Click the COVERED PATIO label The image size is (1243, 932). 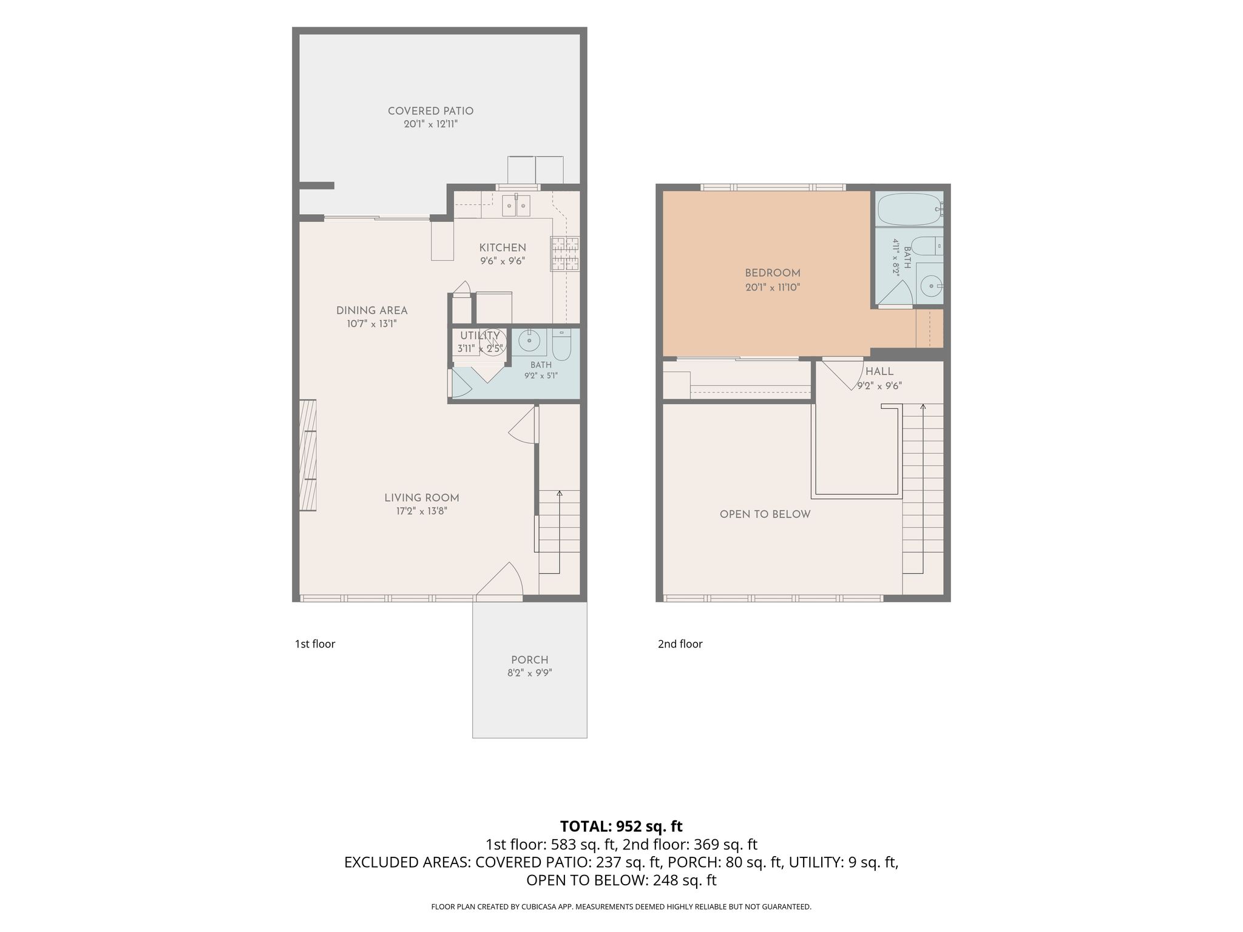430,111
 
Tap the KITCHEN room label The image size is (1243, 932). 503,248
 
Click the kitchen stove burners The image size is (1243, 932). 565,254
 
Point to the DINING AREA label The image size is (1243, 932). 372,311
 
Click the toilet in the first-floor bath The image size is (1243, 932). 561,344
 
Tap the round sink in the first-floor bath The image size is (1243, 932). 529,342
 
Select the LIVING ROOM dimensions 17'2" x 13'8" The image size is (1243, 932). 422,512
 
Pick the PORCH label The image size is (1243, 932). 530,660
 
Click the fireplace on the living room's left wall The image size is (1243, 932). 308,455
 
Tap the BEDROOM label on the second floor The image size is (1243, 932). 773,273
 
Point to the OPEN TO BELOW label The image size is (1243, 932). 765,515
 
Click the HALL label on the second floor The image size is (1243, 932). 879,371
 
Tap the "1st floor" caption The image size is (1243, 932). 315,644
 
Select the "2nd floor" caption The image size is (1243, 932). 680,644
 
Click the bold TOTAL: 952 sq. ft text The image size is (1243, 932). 621,826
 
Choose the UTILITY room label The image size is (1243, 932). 479,336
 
